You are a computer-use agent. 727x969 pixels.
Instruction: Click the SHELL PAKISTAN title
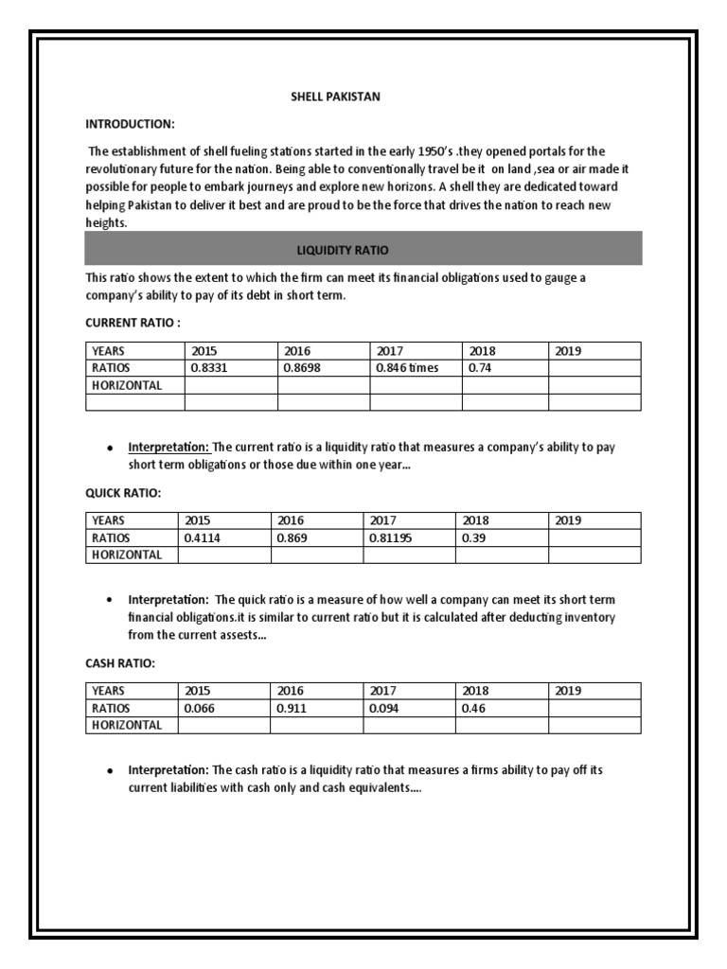click(335, 97)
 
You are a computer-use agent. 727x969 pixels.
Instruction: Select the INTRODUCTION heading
click(131, 124)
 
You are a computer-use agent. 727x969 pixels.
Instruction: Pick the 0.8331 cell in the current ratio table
click(210, 368)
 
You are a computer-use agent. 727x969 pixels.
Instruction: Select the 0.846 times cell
click(407, 368)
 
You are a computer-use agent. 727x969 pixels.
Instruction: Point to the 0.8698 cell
click(304, 368)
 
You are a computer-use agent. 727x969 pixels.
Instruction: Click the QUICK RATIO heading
click(123, 493)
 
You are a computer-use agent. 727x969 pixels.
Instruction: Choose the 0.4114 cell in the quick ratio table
click(205, 537)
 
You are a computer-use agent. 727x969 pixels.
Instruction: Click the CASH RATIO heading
click(120, 663)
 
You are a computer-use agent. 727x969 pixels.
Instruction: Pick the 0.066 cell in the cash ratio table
click(201, 708)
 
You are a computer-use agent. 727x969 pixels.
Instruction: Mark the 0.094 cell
click(383, 708)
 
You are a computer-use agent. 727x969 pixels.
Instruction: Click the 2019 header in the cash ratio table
click(568, 691)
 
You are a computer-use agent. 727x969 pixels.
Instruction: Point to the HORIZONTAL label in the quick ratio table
click(127, 555)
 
